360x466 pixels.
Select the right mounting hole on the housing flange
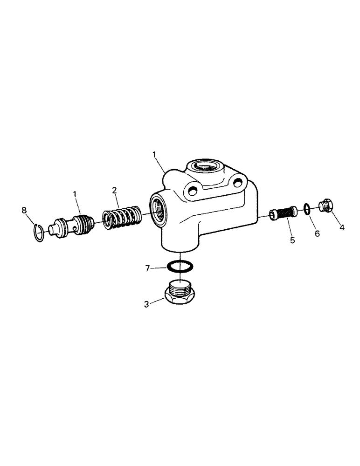tap(239, 182)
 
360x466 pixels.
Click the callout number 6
tap(317, 233)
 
